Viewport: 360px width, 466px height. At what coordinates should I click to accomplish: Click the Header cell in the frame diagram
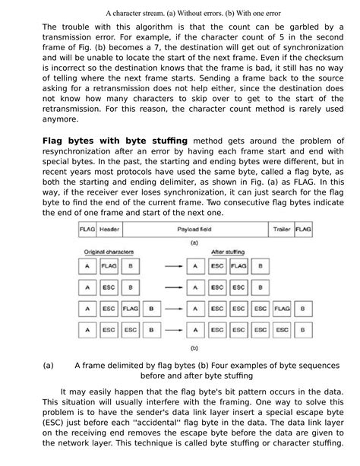click(111, 229)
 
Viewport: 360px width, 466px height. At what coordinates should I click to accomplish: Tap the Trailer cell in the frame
click(281, 229)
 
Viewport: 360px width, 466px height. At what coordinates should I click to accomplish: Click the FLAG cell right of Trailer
click(303, 229)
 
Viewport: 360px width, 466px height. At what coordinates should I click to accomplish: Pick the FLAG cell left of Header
click(87, 229)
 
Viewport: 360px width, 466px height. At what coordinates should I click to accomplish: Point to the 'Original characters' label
click(108, 250)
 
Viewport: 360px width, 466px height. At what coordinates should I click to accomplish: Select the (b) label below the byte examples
click(194, 348)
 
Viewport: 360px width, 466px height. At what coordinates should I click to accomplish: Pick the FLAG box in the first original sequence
click(109, 267)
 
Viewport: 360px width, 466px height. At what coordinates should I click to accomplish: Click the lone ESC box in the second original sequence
click(109, 289)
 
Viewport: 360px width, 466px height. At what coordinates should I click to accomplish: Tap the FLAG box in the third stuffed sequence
click(282, 310)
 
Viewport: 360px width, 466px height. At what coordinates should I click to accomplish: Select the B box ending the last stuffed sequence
click(304, 331)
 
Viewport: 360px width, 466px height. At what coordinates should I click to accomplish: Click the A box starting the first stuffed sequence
click(196, 267)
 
